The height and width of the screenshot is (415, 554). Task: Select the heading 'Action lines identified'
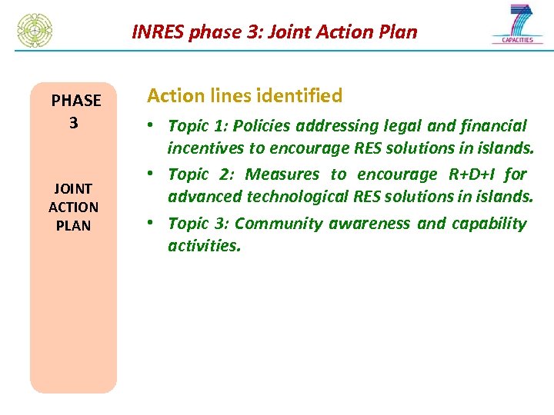(245, 96)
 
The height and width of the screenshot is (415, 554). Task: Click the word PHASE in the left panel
(75, 101)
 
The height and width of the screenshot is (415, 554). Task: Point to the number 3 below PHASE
(73, 123)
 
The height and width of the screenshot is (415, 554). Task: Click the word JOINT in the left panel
(73, 188)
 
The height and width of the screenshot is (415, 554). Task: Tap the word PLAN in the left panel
(73, 226)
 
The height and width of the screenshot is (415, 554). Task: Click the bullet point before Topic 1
(154, 124)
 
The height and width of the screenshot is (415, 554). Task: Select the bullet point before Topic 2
(154, 173)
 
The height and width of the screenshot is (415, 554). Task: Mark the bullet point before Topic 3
(154, 222)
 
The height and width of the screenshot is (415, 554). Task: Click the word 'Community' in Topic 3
(279, 224)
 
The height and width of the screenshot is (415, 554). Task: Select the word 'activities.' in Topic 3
(204, 246)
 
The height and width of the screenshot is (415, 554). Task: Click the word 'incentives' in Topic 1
(203, 148)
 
